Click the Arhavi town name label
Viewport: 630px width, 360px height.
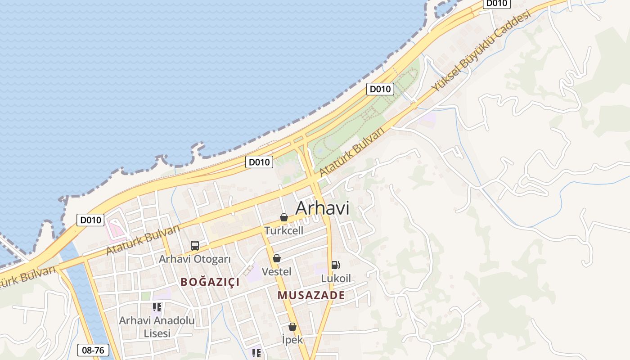click(322, 208)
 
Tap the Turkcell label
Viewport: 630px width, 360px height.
click(284, 231)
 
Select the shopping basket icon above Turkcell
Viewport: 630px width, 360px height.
click(284, 218)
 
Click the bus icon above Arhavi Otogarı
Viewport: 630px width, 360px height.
click(195, 246)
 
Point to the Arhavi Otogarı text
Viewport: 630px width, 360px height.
click(195, 259)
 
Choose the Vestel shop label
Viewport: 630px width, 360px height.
click(277, 272)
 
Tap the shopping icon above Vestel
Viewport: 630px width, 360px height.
click(277, 258)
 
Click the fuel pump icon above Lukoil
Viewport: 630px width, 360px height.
click(335, 265)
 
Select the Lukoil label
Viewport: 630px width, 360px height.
click(336, 279)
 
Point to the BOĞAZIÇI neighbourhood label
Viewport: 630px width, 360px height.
click(210, 282)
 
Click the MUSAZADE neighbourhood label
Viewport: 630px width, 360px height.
click(311, 296)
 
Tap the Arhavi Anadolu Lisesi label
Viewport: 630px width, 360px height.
click(157, 327)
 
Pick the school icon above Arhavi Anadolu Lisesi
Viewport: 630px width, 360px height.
click(157, 307)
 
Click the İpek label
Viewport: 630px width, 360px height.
click(292, 340)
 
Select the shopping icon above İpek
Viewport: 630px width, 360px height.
click(292, 327)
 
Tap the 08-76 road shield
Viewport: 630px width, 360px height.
click(94, 350)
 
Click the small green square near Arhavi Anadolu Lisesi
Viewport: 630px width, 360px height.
click(145, 296)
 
